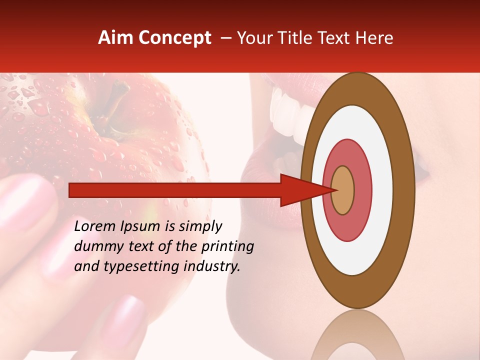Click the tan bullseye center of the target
point(342,190)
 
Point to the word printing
point(227,247)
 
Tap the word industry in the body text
point(210,266)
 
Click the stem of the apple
point(120,95)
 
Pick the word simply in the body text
point(200,227)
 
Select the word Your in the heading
point(253,38)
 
